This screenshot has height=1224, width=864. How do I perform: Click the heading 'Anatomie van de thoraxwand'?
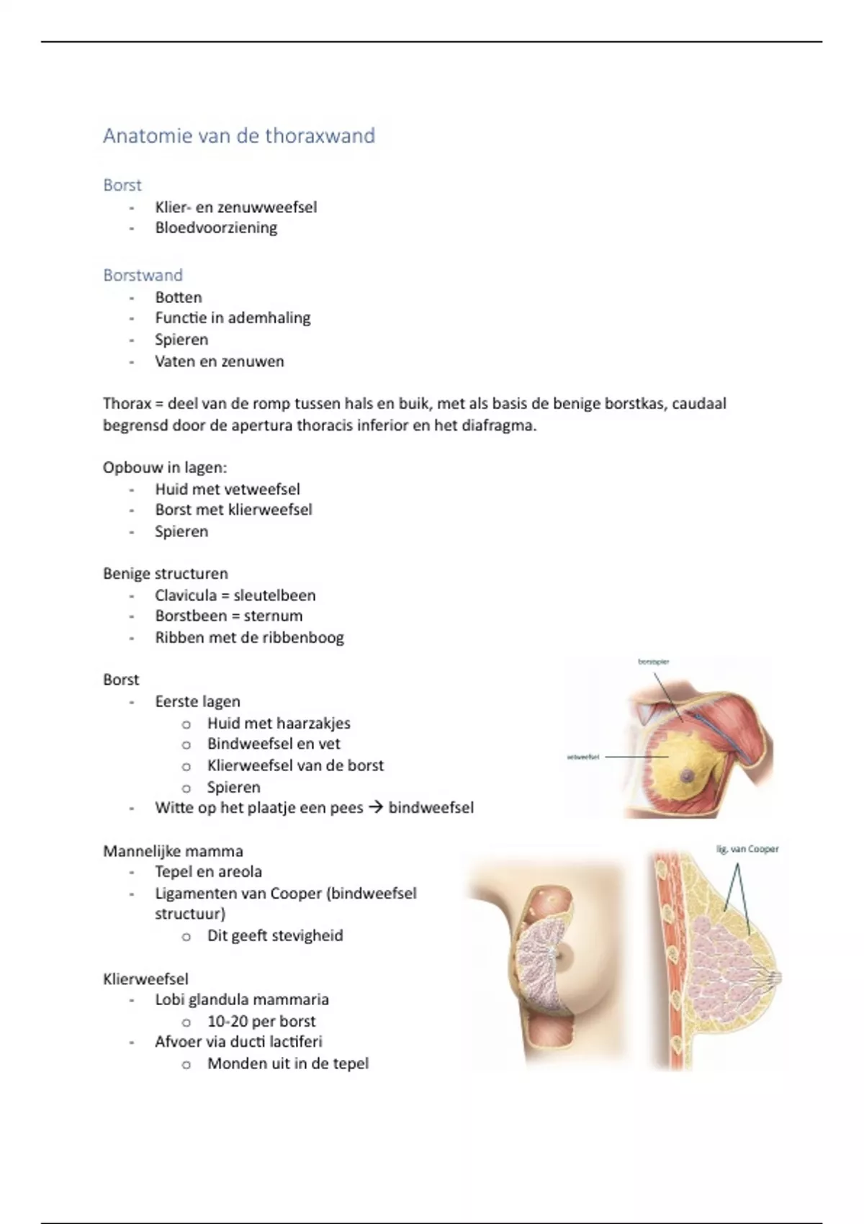239,136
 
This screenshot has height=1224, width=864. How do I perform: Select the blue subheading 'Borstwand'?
143,275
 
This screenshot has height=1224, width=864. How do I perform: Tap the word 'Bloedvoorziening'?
216,228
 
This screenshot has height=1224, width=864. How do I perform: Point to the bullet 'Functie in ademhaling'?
233,318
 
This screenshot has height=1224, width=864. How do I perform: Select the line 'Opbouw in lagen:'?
165,467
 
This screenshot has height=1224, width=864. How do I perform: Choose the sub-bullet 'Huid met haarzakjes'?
279,723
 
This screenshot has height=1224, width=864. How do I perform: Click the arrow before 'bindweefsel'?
375,808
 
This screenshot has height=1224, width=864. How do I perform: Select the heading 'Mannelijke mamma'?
173,851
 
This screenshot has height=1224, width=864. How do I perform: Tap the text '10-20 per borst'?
261,1021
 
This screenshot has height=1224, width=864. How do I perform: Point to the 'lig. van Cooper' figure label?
747,849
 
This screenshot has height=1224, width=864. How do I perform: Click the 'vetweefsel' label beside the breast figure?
583,757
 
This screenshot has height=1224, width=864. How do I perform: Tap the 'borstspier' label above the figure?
654,661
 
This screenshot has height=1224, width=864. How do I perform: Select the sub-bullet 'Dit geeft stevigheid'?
275,935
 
